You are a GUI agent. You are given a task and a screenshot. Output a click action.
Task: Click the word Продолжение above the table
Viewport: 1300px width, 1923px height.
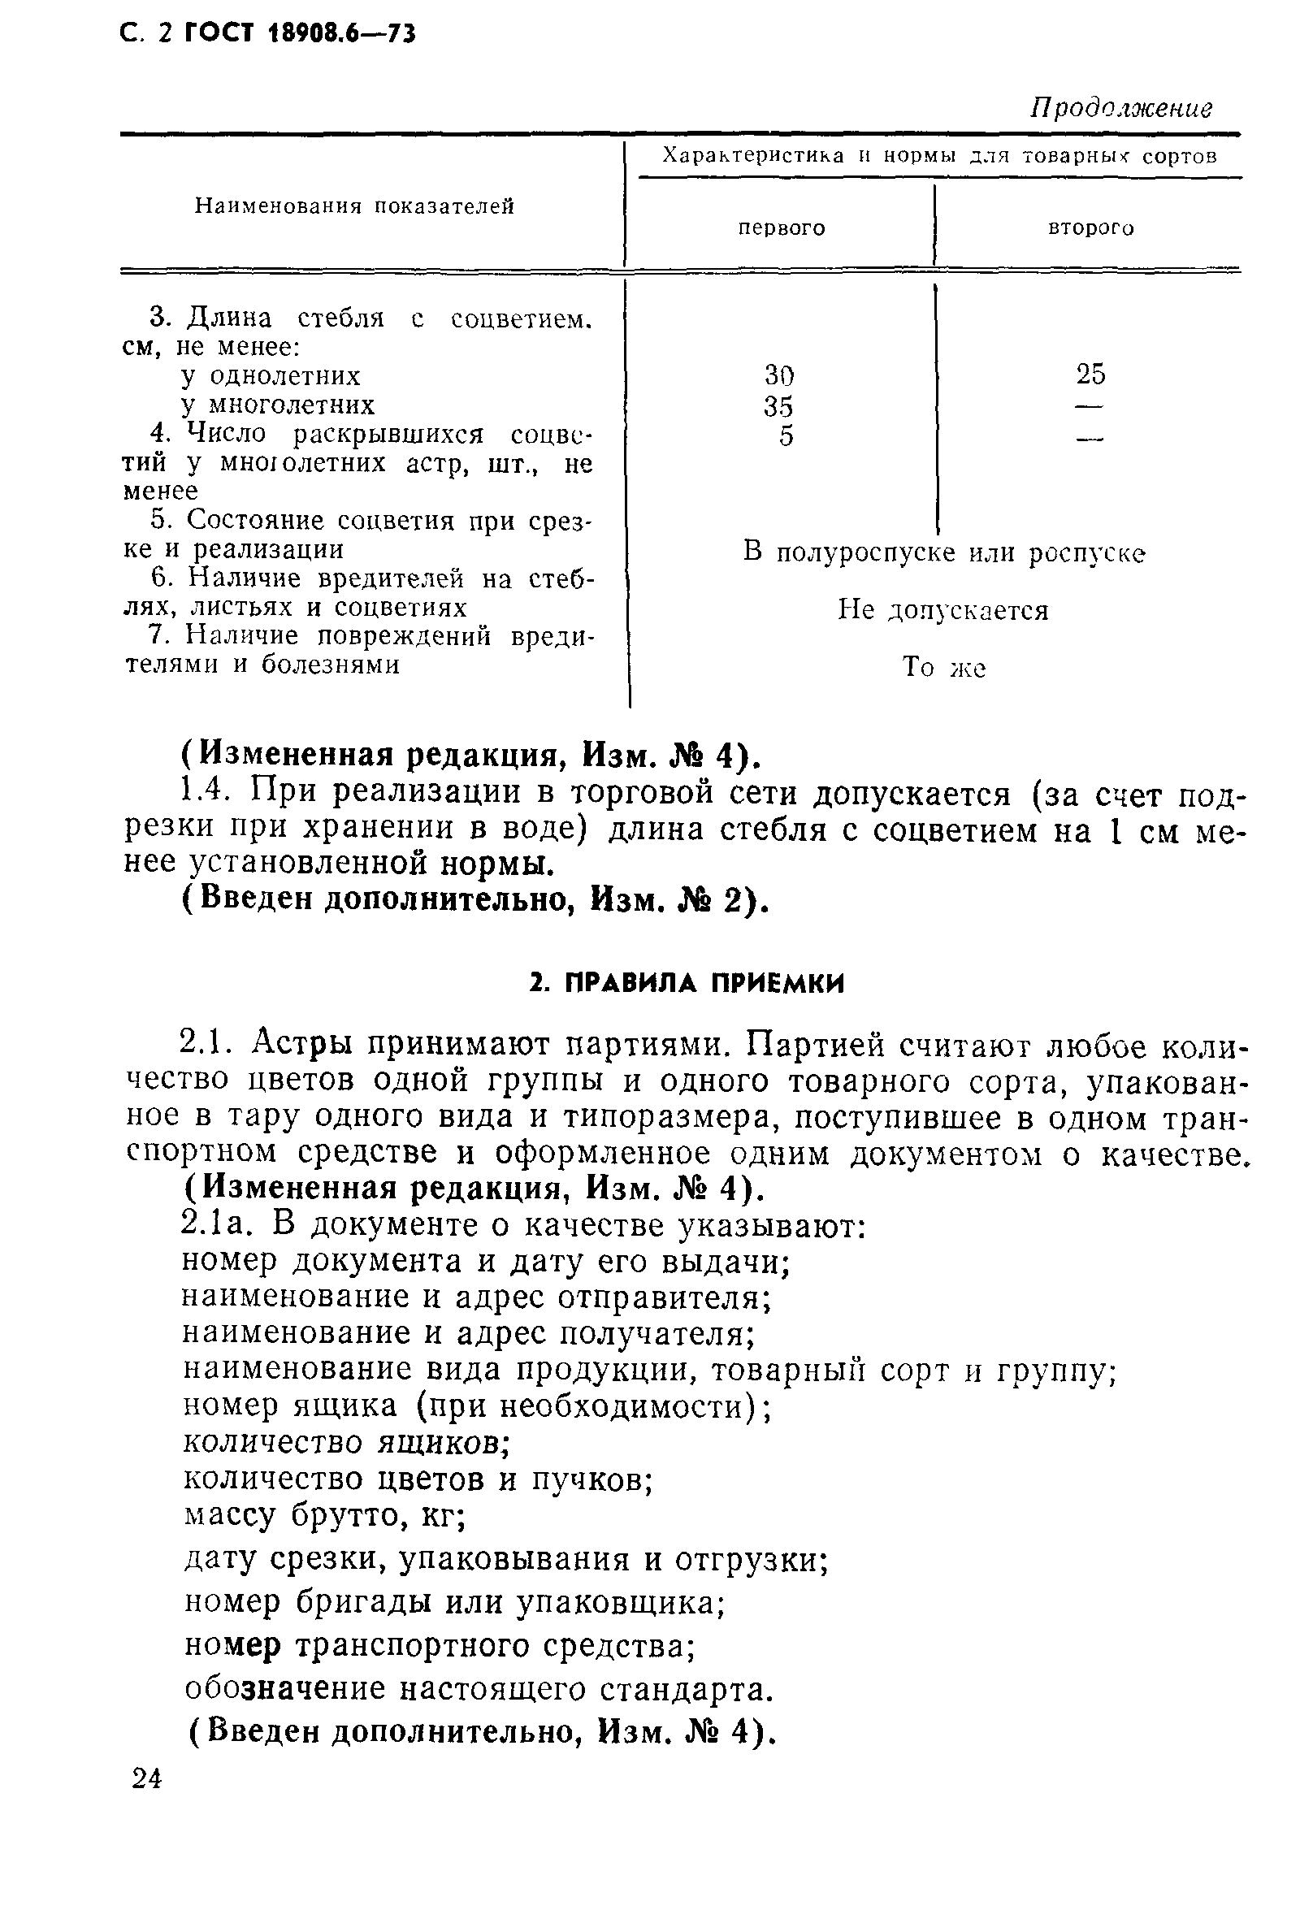pyautogui.click(x=1120, y=108)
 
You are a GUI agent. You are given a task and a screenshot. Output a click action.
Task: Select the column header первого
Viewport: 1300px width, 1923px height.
pyautogui.click(x=781, y=227)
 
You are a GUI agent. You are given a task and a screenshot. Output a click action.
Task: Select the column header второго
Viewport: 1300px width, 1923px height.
pyautogui.click(x=1090, y=227)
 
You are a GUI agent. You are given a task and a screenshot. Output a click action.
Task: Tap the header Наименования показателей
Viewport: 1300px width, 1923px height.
pyautogui.click(x=354, y=206)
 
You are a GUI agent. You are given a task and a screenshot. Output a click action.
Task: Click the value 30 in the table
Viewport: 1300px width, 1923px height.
pyautogui.click(x=778, y=376)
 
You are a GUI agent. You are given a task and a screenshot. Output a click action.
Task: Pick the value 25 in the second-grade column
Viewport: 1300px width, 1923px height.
pyautogui.click(x=1090, y=375)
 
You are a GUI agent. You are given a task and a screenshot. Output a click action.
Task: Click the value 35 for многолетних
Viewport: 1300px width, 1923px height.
pyautogui.click(x=778, y=407)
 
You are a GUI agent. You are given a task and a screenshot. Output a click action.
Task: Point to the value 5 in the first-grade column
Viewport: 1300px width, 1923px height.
pyautogui.click(x=786, y=436)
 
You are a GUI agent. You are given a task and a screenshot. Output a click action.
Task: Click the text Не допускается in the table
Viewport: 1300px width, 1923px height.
pyautogui.click(x=942, y=611)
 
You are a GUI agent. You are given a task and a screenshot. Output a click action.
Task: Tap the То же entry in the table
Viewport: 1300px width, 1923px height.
pyautogui.click(x=942, y=667)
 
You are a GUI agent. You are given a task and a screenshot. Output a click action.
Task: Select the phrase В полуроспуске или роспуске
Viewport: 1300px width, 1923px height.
pyautogui.click(x=943, y=552)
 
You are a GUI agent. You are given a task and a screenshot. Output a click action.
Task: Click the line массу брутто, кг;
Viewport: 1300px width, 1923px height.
pyautogui.click(x=324, y=1514)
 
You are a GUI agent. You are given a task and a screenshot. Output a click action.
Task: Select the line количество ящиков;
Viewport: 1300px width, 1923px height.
pyautogui.click(x=345, y=1442)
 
